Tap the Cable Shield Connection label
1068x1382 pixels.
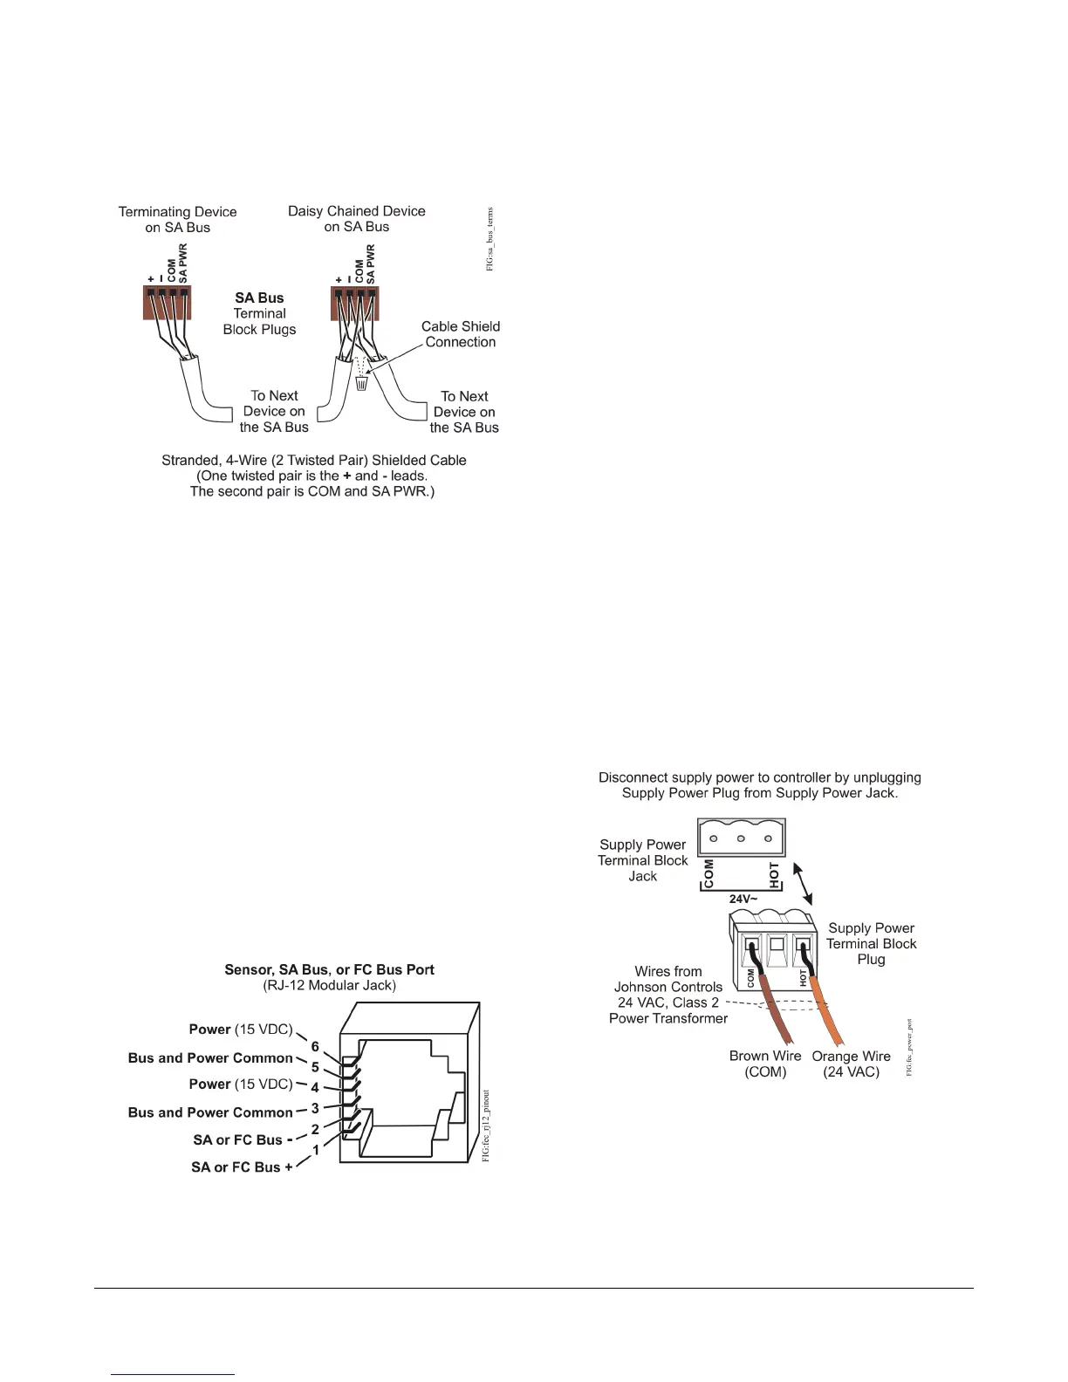coord(461,334)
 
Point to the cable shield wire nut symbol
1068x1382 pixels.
coord(362,382)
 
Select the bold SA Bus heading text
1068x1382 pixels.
coord(259,298)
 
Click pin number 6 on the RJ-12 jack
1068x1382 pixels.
coord(315,1046)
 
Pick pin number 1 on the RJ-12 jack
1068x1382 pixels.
coord(316,1150)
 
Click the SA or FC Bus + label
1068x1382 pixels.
coord(242,1167)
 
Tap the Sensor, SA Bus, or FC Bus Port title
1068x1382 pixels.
coord(329,969)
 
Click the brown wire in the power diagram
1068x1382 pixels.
coord(776,1012)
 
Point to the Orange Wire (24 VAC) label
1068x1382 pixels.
coord(851,1064)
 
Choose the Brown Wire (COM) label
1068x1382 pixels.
coord(765,1064)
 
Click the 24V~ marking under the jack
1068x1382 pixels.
coord(743,899)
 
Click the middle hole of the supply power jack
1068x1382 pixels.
coord(741,839)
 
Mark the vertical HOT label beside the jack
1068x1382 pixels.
coord(775,872)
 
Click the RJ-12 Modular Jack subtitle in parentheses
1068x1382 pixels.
coord(329,986)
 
